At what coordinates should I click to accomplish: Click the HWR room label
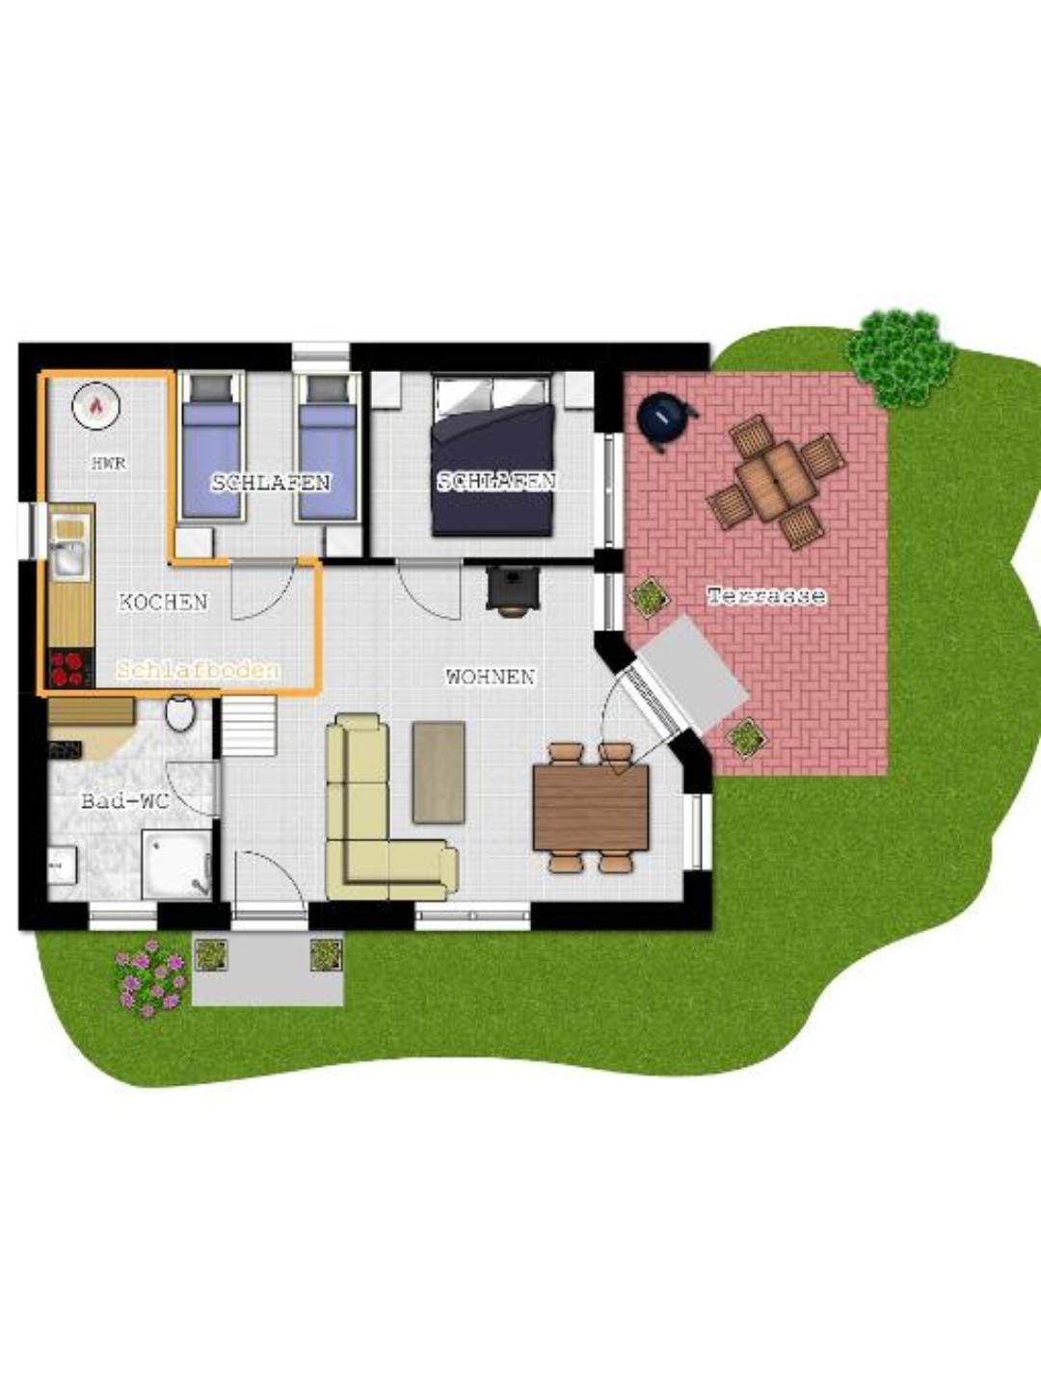pyautogui.click(x=109, y=464)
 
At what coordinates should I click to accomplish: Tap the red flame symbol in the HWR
pyautogui.click(x=96, y=406)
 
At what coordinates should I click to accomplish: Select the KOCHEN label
pyautogui.click(x=163, y=602)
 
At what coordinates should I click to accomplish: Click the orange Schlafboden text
pyautogui.click(x=199, y=670)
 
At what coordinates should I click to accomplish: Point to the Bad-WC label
pyautogui.click(x=125, y=802)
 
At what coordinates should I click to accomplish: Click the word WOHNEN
pyautogui.click(x=491, y=678)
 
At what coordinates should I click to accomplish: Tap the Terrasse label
pyautogui.click(x=766, y=596)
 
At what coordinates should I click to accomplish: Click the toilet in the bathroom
pyautogui.click(x=180, y=712)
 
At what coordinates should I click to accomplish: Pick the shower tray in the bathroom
pyautogui.click(x=176, y=864)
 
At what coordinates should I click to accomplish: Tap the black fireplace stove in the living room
pyautogui.click(x=513, y=589)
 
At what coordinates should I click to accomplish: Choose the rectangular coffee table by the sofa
pyautogui.click(x=439, y=772)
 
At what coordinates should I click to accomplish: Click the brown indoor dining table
pyautogui.click(x=591, y=808)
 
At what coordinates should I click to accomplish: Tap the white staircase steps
pyautogui.click(x=249, y=725)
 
